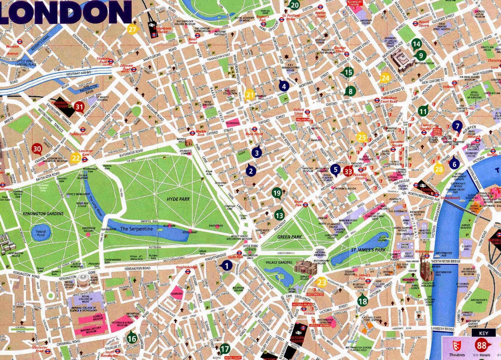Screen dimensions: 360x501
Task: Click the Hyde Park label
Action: tap(178, 199)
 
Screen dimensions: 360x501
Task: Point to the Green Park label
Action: tap(289, 237)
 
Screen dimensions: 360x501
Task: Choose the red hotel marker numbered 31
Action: tap(79, 106)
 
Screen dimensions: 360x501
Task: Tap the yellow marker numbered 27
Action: tap(133, 30)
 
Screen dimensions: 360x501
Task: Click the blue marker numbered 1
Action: tap(227, 265)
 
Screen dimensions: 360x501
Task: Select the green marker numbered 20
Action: tap(295, 5)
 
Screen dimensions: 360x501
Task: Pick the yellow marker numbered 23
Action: tap(322, 282)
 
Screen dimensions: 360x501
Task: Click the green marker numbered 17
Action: tap(224, 348)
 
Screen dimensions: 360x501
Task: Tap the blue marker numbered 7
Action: tap(457, 126)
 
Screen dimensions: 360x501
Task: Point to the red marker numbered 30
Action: tap(37, 149)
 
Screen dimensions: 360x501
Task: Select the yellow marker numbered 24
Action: tap(385, 78)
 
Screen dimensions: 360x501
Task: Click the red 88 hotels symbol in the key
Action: tap(481, 346)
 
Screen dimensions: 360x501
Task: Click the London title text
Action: tap(64, 11)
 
